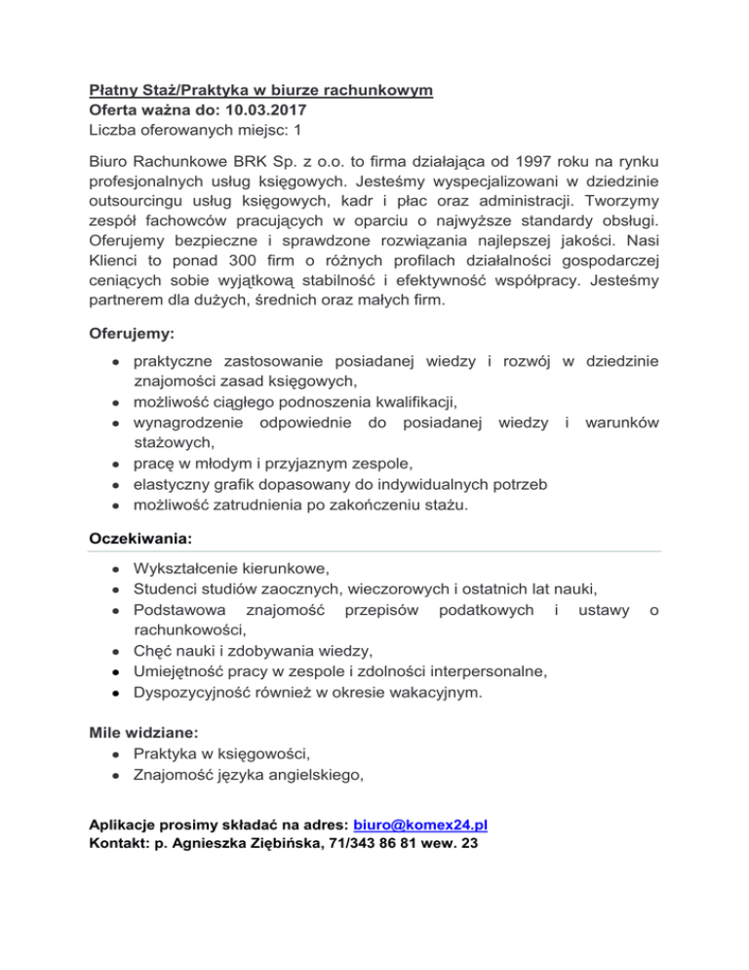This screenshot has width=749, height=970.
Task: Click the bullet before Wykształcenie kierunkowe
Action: [116, 568]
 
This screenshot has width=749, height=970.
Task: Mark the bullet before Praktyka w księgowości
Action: [116, 753]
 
